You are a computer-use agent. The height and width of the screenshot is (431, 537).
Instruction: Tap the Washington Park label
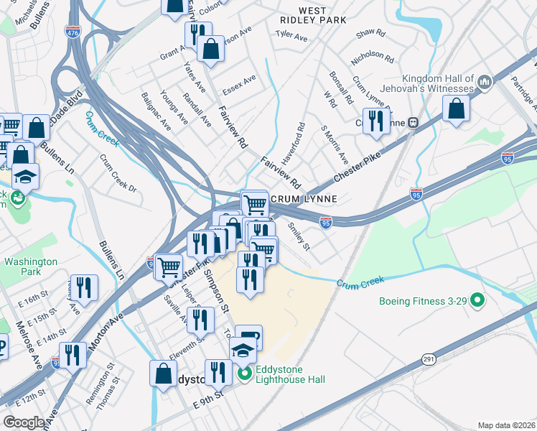click(30, 267)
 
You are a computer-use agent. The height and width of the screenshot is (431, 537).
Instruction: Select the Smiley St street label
click(299, 236)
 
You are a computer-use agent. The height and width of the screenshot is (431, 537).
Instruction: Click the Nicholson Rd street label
click(371, 56)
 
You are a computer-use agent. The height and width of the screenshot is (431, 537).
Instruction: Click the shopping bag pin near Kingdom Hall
click(457, 110)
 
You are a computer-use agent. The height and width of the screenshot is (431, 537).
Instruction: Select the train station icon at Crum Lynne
click(413, 122)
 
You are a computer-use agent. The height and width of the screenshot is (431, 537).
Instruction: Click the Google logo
click(24, 422)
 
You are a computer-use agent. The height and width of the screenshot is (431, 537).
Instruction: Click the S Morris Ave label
click(335, 144)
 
